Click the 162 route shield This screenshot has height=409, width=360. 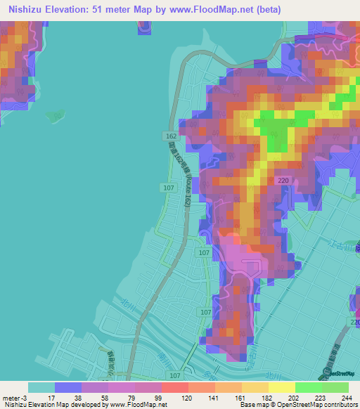coord(172,135)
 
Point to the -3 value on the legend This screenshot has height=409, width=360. coord(27,397)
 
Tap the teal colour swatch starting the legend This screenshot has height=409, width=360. coord(41,387)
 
